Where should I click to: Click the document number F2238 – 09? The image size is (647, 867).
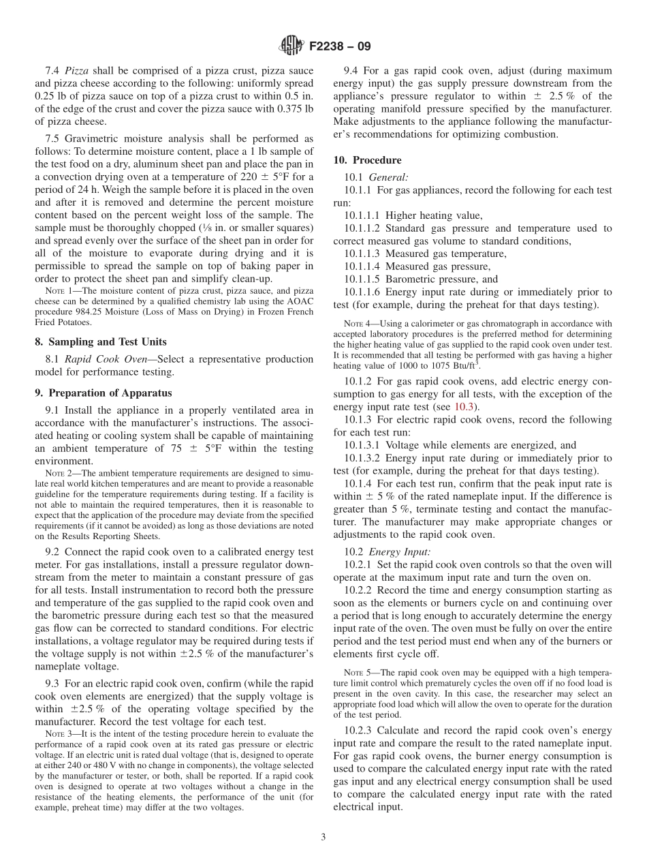(339, 47)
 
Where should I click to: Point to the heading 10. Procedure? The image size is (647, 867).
(367, 160)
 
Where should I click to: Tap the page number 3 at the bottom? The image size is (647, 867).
(323, 837)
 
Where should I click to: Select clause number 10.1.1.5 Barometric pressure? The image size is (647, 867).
(362, 279)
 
